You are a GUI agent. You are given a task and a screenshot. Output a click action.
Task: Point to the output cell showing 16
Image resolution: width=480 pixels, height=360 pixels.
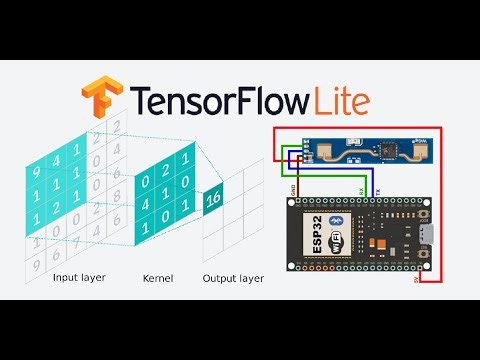[213, 199]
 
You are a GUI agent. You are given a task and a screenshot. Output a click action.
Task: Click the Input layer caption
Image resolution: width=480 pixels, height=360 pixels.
[80, 279]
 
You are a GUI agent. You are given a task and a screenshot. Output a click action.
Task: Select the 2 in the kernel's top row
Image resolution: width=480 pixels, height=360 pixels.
[166, 164]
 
